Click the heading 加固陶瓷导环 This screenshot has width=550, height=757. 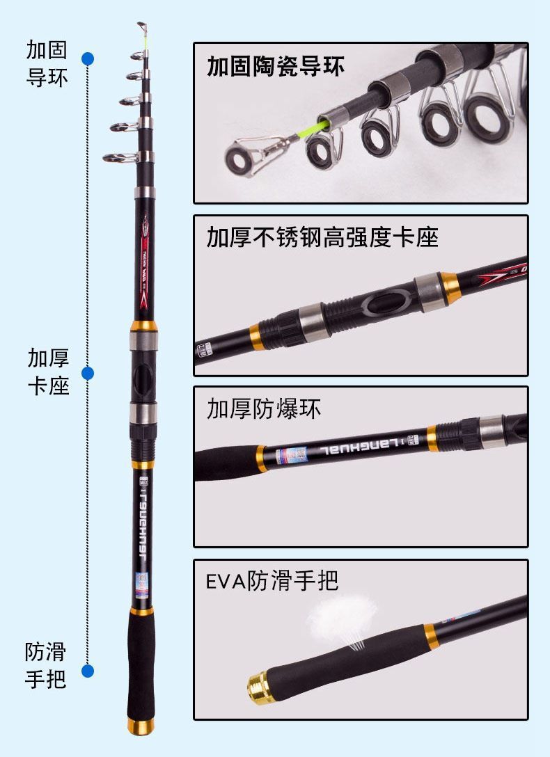click(x=275, y=66)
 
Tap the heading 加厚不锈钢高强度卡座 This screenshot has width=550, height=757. click(x=322, y=237)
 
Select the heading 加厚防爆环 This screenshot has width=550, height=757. click(x=264, y=409)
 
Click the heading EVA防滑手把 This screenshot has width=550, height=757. click(x=272, y=580)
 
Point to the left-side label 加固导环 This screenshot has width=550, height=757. click(x=47, y=64)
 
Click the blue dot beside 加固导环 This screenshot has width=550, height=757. click(x=88, y=58)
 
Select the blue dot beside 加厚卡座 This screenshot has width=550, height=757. click(x=88, y=374)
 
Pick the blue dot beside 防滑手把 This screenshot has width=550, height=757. click(x=88, y=671)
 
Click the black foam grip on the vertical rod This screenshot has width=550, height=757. click(x=141, y=668)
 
